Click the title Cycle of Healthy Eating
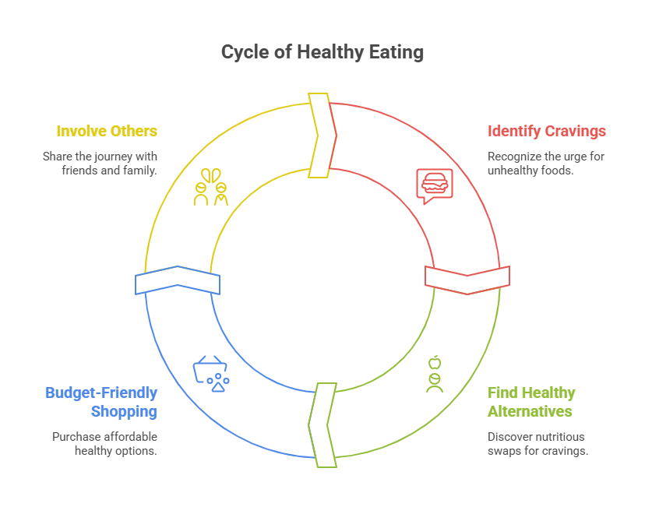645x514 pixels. [x=322, y=52]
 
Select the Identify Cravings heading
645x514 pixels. [x=546, y=131]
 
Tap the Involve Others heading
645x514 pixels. [x=107, y=131]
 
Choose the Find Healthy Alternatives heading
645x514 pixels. [x=531, y=402]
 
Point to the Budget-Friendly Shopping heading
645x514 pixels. [x=101, y=402]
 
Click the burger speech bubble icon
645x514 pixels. [x=434, y=185]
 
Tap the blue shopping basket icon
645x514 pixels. [x=211, y=372]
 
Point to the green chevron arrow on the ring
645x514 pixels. [x=322, y=425]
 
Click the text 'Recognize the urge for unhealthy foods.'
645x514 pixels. [x=546, y=163]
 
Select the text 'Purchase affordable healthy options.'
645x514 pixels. [x=104, y=443]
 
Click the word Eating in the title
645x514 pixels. [x=397, y=52]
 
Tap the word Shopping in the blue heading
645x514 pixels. [x=124, y=411]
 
